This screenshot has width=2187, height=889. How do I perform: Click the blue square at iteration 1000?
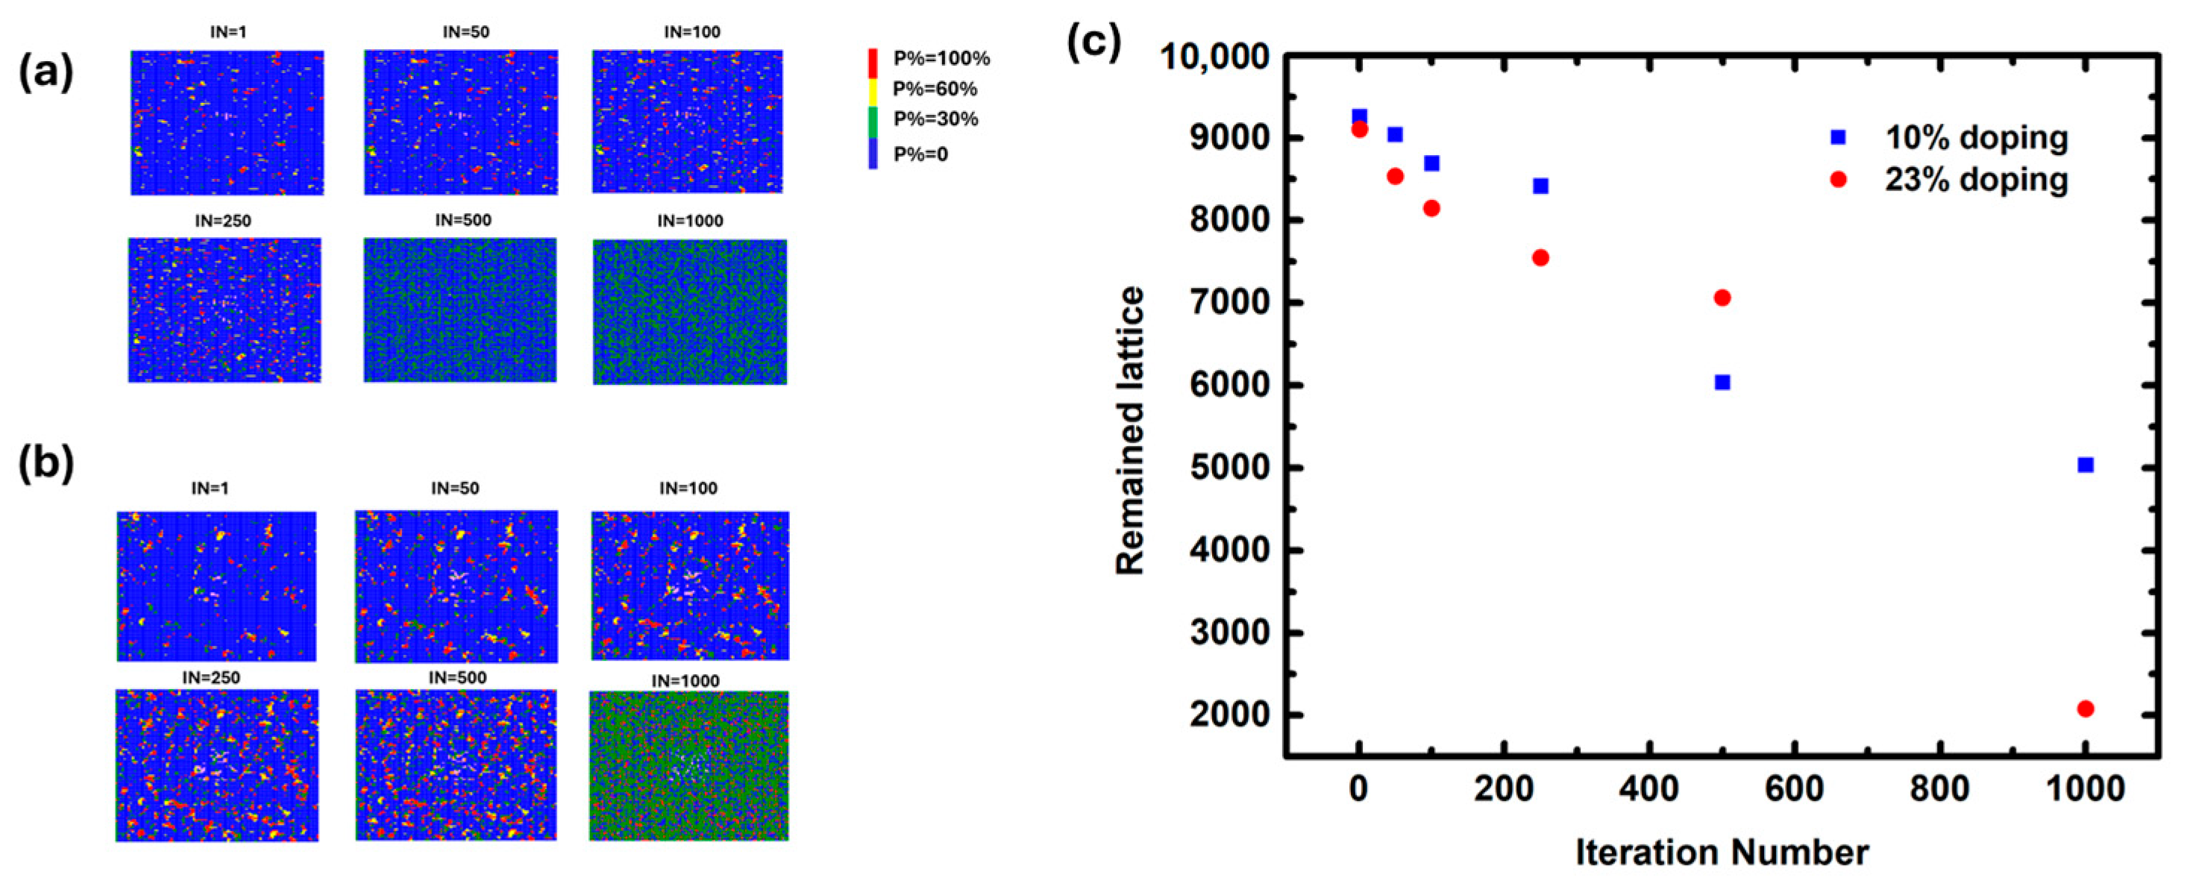[2085, 465]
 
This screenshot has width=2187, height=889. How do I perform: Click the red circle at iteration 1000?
[2085, 709]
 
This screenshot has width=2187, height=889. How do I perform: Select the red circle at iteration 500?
[1722, 297]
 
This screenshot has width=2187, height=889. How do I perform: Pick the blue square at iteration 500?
[1722, 382]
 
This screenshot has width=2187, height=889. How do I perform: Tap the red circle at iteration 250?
[1540, 257]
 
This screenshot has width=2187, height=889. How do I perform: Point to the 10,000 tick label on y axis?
[1215, 57]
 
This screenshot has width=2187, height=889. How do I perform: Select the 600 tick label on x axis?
[1794, 789]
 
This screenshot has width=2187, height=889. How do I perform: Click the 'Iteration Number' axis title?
[1722, 852]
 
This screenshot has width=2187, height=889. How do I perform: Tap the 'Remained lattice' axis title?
[1130, 430]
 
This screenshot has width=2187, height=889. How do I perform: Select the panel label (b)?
[46, 465]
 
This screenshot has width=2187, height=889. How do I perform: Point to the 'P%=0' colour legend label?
[920, 154]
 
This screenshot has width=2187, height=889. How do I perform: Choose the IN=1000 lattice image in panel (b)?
[688, 765]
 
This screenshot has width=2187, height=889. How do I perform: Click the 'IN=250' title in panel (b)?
[211, 678]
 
